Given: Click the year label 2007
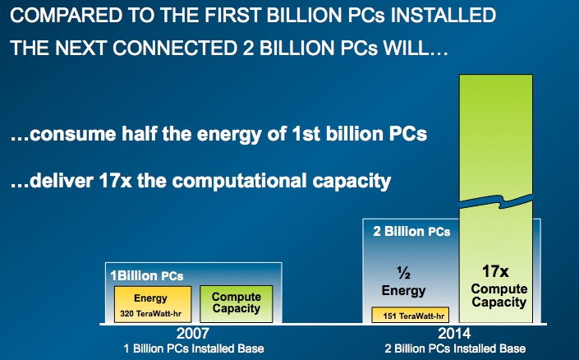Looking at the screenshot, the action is (192, 334).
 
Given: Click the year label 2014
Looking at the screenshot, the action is (454, 334).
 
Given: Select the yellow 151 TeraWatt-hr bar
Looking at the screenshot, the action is (411, 315).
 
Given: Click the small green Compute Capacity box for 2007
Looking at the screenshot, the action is (237, 304).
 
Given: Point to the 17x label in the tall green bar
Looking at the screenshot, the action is (495, 271).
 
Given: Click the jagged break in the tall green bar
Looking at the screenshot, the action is (496, 202).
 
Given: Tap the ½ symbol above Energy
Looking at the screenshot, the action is (403, 273).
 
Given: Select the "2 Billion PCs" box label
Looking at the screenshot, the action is (411, 232).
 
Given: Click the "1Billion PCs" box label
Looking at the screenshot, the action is (147, 275).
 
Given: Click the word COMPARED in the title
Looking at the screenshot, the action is (66, 16).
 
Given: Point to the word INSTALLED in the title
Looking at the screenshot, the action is (443, 16).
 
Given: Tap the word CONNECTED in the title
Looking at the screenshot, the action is (175, 48).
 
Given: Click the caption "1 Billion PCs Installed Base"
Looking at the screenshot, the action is (194, 348).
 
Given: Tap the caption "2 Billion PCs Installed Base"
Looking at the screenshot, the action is (455, 348).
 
